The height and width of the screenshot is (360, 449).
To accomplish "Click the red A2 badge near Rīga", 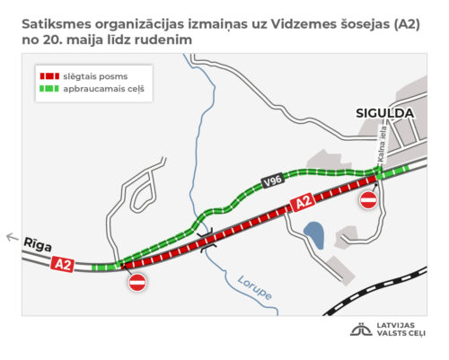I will (x=62, y=264).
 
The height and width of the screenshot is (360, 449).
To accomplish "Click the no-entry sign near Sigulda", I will (x=368, y=200).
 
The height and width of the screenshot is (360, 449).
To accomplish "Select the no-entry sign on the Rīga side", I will (x=137, y=282).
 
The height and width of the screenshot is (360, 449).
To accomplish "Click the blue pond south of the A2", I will (x=314, y=235).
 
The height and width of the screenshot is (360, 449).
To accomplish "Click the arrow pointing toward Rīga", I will (x=12, y=238).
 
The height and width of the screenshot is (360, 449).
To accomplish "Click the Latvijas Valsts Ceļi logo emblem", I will (x=361, y=329).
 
